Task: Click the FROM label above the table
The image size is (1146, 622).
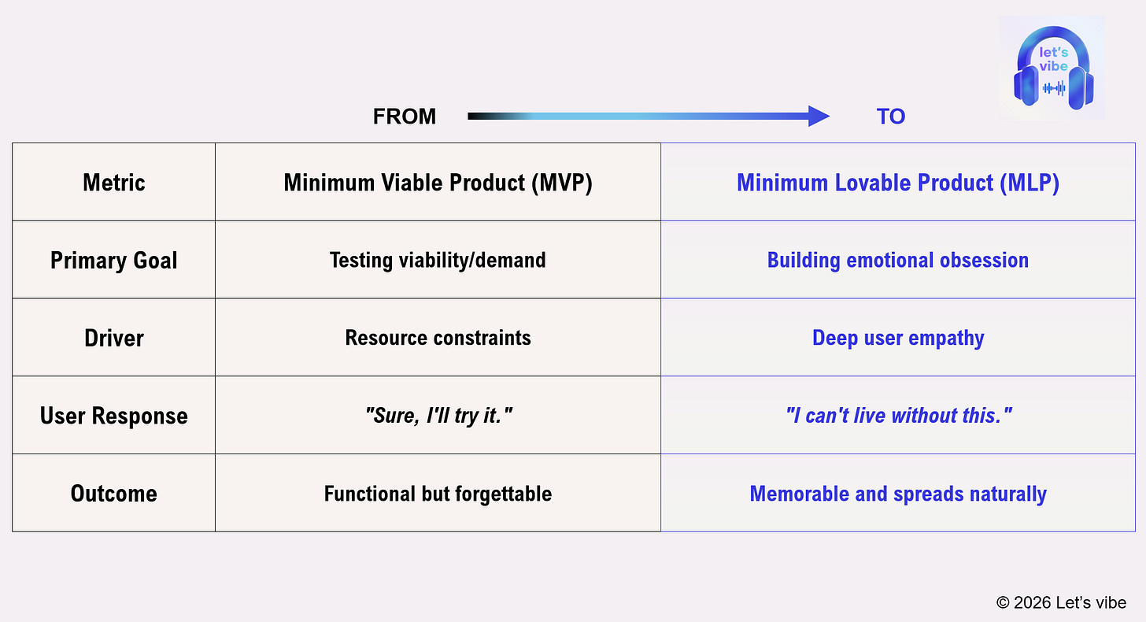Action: click(x=404, y=117)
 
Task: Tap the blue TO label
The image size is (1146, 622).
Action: click(x=891, y=117)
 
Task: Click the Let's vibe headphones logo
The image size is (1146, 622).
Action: click(x=1052, y=69)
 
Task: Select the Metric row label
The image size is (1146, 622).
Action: click(x=114, y=183)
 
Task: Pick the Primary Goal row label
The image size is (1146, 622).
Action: click(x=114, y=261)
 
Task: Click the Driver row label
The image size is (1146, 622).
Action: click(x=114, y=339)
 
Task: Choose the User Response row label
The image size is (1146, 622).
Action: click(x=114, y=416)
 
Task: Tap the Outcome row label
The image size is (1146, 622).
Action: click(x=114, y=494)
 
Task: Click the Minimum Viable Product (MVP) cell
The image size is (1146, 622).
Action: click(x=438, y=183)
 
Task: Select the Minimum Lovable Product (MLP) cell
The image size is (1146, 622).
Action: click(x=898, y=183)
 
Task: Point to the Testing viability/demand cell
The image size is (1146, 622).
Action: click(x=438, y=261)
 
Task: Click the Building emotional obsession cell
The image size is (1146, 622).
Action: click(x=898, y=261)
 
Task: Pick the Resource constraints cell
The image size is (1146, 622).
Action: click(x=438, y=339)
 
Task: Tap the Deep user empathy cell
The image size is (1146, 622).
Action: click(x=898, y=339)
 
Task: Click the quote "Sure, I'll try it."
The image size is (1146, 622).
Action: click(x=438, y=416)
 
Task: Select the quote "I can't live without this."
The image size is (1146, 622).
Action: click(x=898, y=416)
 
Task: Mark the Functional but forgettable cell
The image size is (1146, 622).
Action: click(x=438, y=494)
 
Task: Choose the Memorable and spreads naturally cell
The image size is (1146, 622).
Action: click(x=898, y=494)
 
